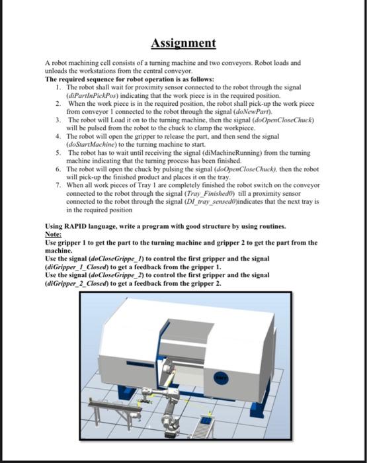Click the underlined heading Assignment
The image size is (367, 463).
pos(183,43)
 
